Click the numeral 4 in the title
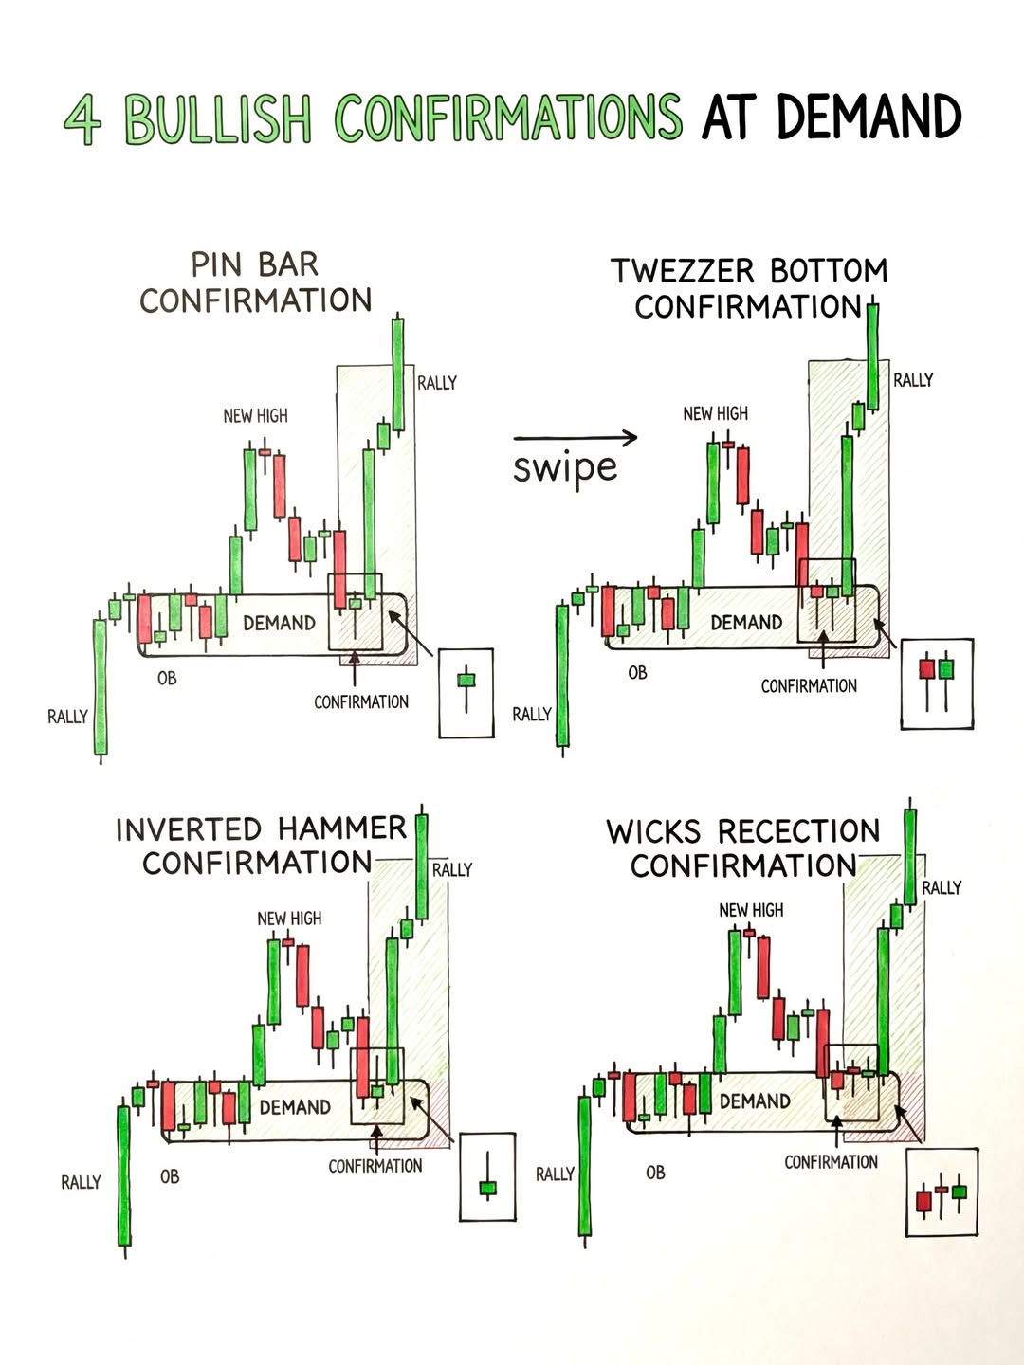[82, 120]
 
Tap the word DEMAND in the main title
[869, 118]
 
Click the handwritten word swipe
[565, 468]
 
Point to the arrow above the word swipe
[576, 437]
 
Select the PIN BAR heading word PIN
[215, 264]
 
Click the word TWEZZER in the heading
[685, 271]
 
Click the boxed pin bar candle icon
[466, 693]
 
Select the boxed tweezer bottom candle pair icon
[937, 682]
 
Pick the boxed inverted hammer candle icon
[487, 1176]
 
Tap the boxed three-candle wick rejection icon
[942, 1192]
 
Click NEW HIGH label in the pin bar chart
[255, 416]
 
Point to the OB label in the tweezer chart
[637, 673]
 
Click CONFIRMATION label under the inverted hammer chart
[375, 1166]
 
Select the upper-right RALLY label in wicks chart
[942, 888]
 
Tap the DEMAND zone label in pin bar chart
[279, 623]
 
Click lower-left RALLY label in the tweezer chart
[532, 715]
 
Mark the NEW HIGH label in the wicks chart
[751, 910]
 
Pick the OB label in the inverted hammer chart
[170, 1176]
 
